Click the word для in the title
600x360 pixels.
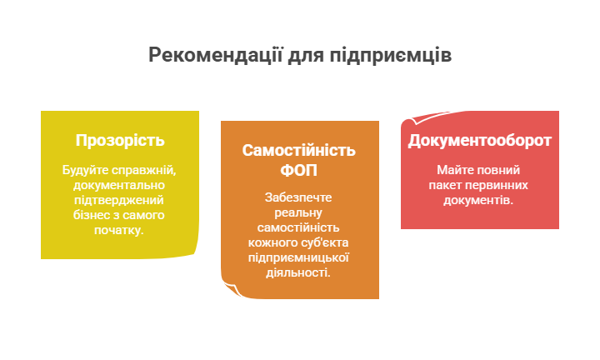tap(306, 55)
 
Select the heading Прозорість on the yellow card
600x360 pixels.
tap(120, 140)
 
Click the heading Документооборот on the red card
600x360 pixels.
tap(479, 140)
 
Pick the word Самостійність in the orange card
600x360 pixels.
tap(299, 151)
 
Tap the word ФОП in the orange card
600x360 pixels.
tap(299, 171)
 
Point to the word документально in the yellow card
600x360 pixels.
tap(119, 185)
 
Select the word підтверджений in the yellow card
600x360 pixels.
tap(119, 200)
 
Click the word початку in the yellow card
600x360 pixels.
tap(119, 229)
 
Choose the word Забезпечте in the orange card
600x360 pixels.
tap(299, 197)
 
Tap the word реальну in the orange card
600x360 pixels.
tap(299, 212)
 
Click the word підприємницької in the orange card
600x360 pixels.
tap(299, 257)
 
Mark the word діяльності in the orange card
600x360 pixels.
tap(299, 272)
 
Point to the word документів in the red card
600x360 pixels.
tap(478, 200)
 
